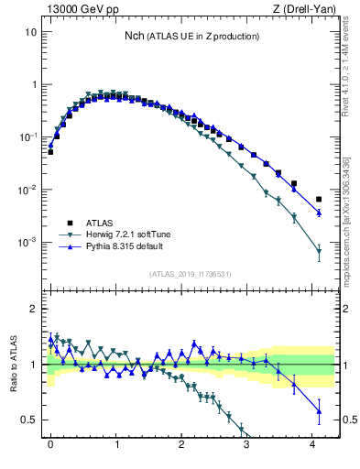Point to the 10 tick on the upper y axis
pyautogui.click(x=30, y=31)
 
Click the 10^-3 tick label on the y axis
pyautogui.click(x=27, y=243)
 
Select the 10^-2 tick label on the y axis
pyautogui.click(x=27, y=190)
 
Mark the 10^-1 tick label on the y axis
pyautogui.click(x=27, y=137)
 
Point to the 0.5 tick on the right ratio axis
pyautogui.click(x=349, y=420)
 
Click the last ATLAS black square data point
pyautogui.click(x=319, y=199)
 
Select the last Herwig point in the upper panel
pyautogui.click(x=319, y=251)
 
